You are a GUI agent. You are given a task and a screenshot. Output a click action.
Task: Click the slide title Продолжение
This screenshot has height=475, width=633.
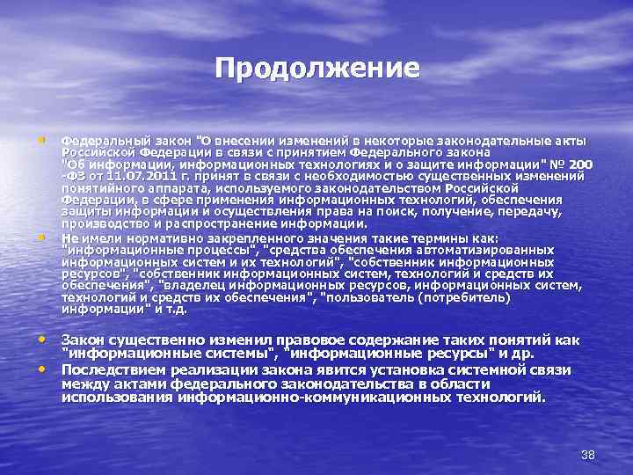click(x=316, y=68)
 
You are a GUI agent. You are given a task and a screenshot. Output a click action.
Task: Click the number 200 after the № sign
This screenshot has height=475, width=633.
click(x=580, y=164)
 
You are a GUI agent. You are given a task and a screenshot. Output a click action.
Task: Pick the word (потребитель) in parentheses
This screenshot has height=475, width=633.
click(x=463, y=296)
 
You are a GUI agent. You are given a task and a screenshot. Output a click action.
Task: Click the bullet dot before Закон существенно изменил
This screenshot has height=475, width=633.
click(x=42, y=339)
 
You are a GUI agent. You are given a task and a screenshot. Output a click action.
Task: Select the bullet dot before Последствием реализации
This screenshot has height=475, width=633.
click(x=42, y=369)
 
